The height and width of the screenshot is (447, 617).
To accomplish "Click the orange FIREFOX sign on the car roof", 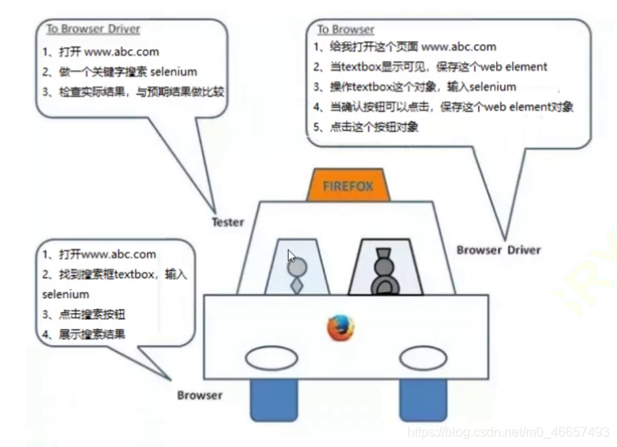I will (x=348, y=186).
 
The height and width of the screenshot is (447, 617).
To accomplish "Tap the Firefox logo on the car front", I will (x=341, y=328).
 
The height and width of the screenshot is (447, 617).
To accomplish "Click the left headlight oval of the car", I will (x=272, y=357).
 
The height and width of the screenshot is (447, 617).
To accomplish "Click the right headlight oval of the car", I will (x=423, y=357).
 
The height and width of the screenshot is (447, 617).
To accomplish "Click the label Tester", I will (x=228, y=222).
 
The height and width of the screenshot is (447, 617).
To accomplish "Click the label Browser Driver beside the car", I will (x=498, y=249).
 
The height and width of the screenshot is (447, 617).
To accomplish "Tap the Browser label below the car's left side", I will (x=199, y=395).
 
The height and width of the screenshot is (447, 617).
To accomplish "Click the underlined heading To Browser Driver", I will (x=93, y=29).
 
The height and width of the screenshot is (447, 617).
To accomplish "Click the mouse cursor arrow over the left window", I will (x=291, y=255).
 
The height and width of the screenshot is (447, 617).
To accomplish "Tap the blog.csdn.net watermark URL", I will (x=507, y=431).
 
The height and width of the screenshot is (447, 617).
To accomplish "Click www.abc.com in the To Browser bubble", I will (x=459, y=47).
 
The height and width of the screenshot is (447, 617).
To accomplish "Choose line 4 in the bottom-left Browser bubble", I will (x=85, y=333).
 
